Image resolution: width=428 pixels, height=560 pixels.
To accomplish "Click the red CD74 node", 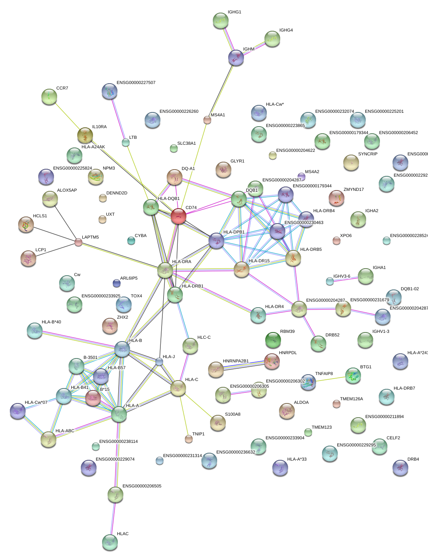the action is (179, 216).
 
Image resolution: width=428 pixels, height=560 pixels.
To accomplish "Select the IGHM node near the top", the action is (236, 58).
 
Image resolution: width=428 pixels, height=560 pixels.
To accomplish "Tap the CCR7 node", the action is (49, 97).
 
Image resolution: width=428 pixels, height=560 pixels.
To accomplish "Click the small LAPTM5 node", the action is (78, 242).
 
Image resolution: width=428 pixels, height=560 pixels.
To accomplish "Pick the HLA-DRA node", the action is (165, 270).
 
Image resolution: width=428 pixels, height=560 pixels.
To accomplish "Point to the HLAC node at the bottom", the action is (110, 542).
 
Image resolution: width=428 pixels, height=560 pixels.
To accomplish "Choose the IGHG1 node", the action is (221, 21).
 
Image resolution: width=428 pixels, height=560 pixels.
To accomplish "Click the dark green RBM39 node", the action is (273, 340).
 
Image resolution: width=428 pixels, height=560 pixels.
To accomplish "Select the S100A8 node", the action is (218, 422).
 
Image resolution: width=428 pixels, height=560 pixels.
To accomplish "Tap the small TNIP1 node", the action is (189, 439).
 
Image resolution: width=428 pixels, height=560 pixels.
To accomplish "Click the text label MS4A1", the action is (218, 115).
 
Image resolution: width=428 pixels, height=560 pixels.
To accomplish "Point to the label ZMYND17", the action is (354, 190).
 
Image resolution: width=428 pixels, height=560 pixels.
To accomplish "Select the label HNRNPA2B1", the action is (236, 361).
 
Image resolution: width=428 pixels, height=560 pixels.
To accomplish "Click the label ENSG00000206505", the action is (142, 486).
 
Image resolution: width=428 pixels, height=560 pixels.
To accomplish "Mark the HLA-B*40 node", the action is (35, 330).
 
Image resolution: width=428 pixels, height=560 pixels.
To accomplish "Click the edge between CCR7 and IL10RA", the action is (67, 116).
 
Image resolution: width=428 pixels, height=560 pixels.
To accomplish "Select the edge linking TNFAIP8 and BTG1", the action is (330, 379).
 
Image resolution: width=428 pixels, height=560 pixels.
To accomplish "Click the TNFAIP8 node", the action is (308, 382).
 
